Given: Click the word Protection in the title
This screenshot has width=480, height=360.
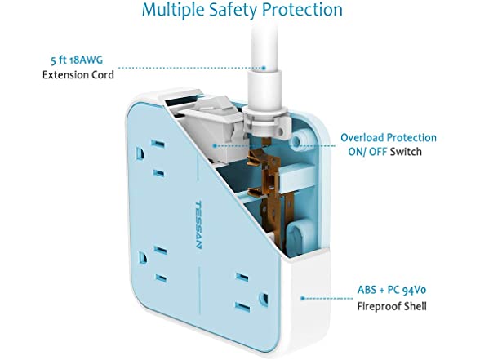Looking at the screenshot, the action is pyautogui.click(x=303, y=10).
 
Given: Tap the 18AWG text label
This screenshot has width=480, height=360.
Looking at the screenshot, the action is pyautogui.click(x=87, y=60).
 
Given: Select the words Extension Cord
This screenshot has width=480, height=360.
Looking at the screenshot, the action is pyautogui.click(x=78, y=75).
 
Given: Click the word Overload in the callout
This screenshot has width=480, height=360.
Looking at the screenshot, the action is pyautogui.click(x=362, y=138).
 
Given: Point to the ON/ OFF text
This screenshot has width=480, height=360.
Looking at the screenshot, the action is pyautogui.click(x=367, y=152).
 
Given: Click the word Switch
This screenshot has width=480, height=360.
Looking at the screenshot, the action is pyautogui.click(x=406, y=152).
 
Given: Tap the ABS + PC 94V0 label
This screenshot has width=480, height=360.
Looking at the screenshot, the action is pyautogui.click(x=392, y=290).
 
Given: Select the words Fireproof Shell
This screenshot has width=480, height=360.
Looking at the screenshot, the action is pyautogui.click(x=392, y=306).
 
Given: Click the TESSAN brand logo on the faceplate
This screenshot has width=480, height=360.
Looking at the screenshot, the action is pyautogui.click(x=198, y=225).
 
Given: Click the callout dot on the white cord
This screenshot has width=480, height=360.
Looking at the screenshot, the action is pyautogui.click(x=263, y=68).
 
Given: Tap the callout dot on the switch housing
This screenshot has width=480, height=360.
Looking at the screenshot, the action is pyautogui.click(x=215, y=146).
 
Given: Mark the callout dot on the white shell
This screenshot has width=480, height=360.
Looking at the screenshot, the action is pyautogui.click(x=302, y=298).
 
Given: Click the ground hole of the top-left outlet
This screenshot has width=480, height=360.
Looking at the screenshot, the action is pyautogui.click(x=140, y=153).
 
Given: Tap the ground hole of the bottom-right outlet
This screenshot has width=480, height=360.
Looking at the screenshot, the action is pyautogui.click(x=263, y=299).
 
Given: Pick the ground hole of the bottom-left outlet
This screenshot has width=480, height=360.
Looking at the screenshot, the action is pyautogui.click(x=143, y=257).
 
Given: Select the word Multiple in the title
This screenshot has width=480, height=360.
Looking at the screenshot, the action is pyautogui.click(x=174, y=10).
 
